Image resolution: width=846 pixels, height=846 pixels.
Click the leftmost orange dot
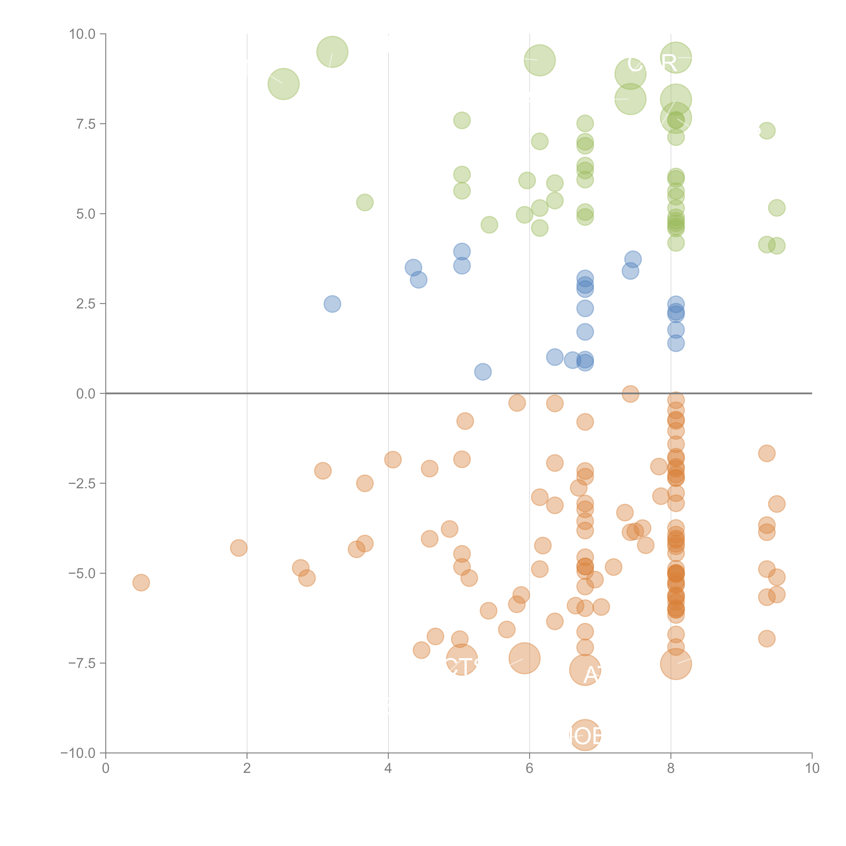pos(141,582)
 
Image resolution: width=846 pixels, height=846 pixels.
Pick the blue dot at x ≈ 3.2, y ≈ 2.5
pos(332,304)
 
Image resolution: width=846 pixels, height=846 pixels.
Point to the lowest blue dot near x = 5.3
pos(483,372)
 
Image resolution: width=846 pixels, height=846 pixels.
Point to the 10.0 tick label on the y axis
pos(82,34)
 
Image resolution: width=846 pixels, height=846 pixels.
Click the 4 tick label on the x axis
pos(388,769)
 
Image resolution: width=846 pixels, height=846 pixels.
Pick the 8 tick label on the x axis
pos(671,769)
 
